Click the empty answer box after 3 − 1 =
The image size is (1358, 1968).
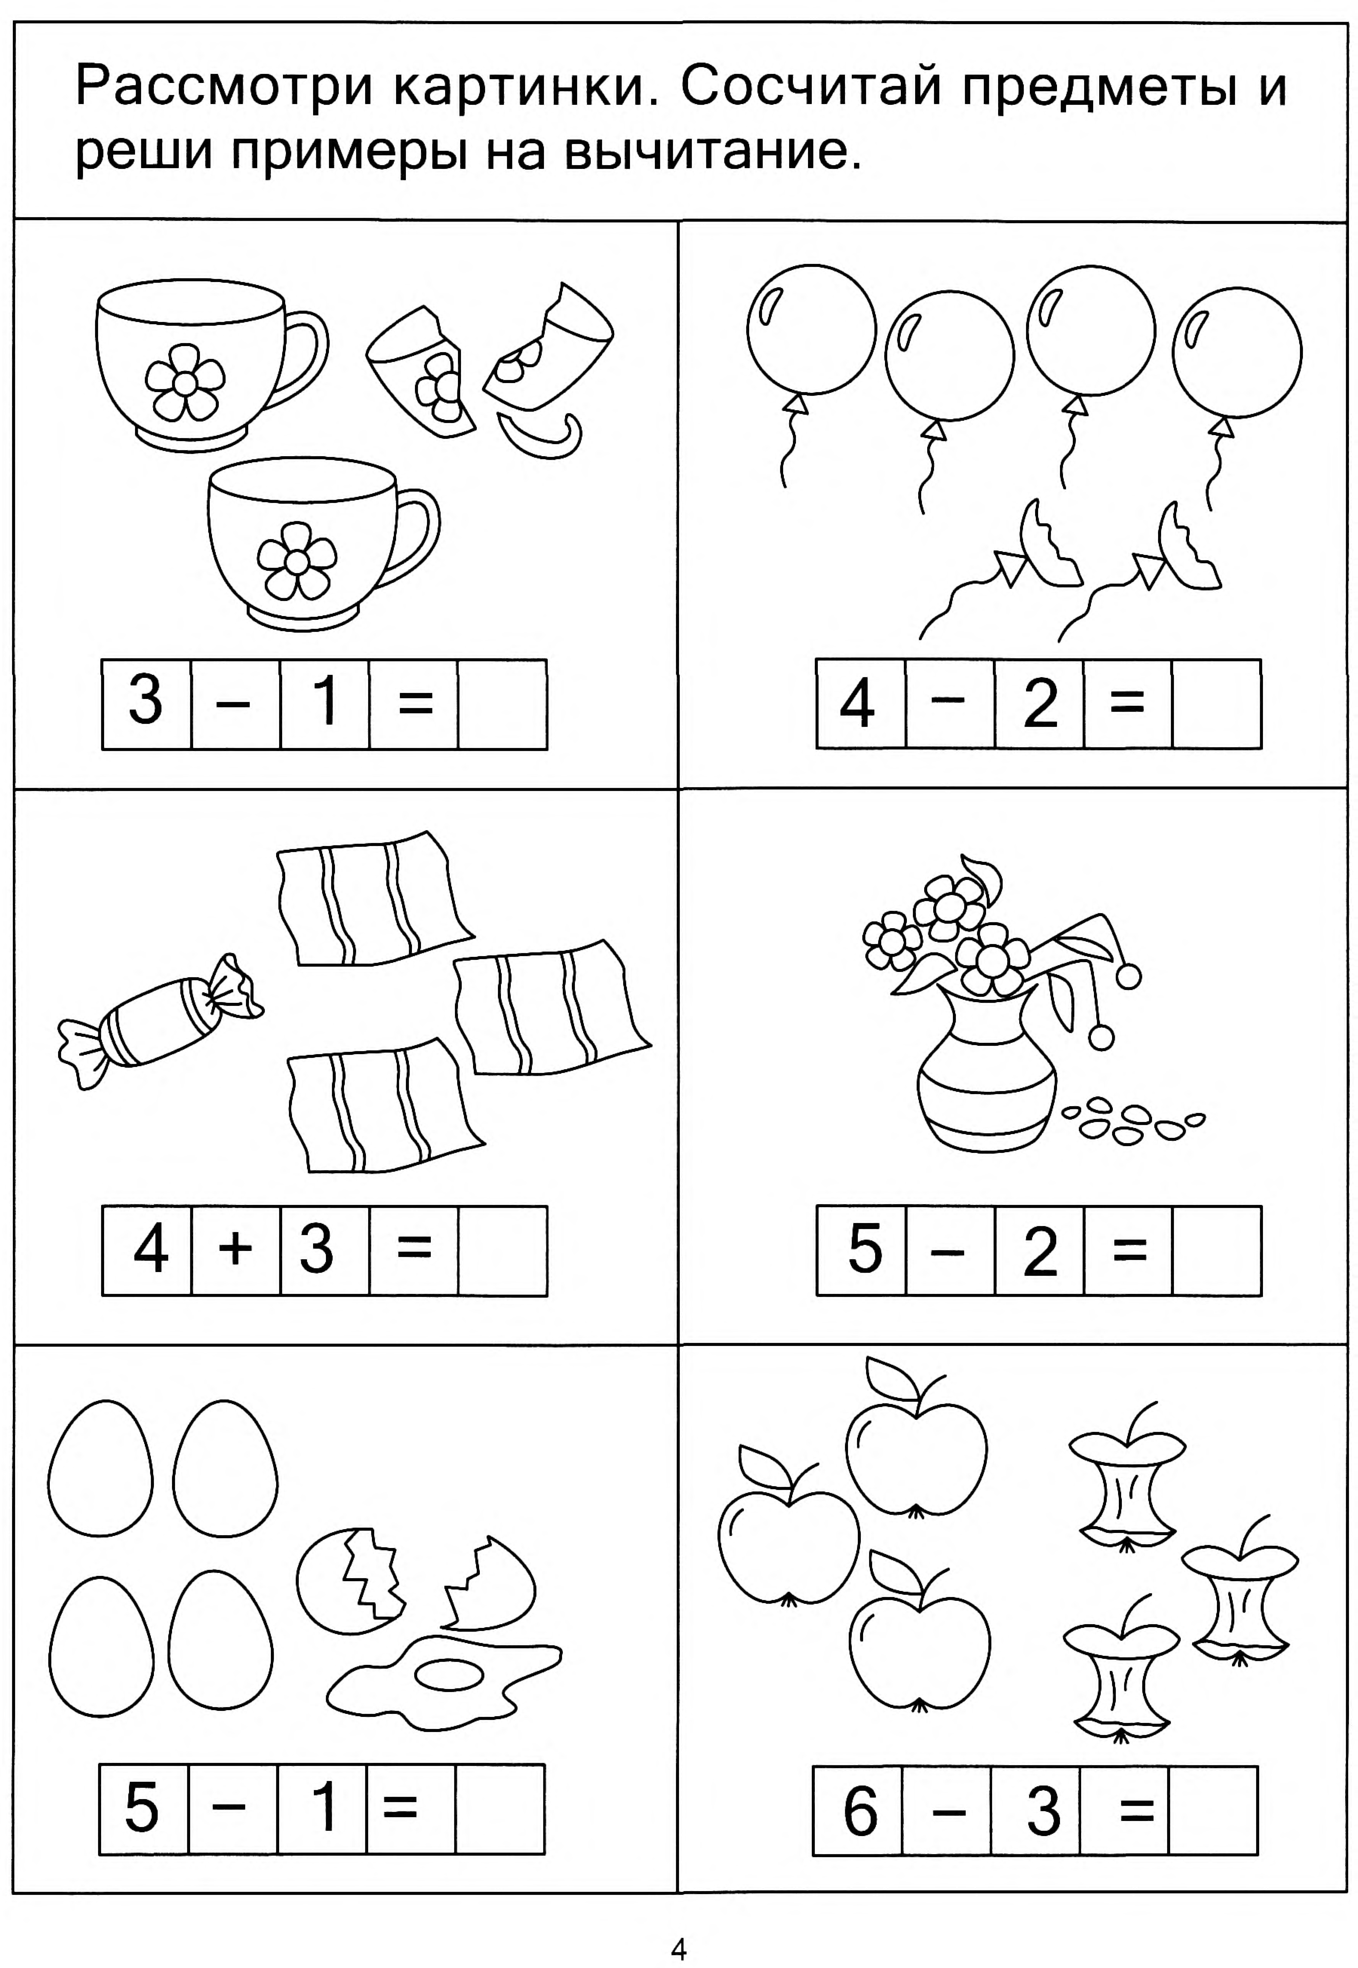click(502, 704)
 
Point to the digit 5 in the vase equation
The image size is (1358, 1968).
click(865, 1248)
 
